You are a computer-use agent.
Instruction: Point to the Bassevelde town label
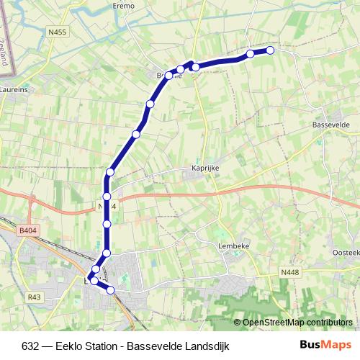331,125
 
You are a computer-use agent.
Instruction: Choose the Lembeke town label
233,245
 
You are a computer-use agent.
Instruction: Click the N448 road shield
289,271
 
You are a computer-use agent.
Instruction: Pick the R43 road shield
35,297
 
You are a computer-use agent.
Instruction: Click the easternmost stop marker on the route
271,50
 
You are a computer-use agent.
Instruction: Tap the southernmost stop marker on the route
111,290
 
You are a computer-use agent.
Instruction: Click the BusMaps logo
325,346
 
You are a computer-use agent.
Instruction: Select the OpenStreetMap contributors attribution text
297,323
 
